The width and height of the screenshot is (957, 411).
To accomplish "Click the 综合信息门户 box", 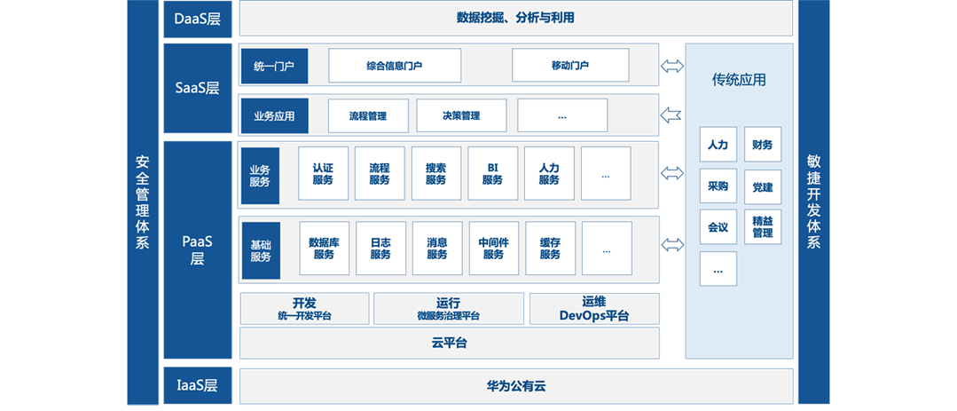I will pyautogui.click(x=395, y=66).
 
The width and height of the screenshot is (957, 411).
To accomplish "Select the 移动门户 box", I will pyautogui.click(x=570, y=66).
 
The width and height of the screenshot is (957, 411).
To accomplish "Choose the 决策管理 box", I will pyautogui.click(x=461, y=115).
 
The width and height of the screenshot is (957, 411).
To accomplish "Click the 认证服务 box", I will pyautogui.click(x=323, y=173).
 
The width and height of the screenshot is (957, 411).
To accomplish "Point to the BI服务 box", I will pyautogui.click(x=492, y=173).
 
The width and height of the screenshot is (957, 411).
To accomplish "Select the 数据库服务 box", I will pyautogui.click(x=324, y=248).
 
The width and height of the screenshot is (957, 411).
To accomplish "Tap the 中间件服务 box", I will pyautogui.click(x=493, y=248).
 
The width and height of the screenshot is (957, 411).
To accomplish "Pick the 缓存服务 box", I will pyautogui.click(x=550, y=248).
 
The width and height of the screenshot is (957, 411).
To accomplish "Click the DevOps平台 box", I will pyautogui.click(x=594, y=309).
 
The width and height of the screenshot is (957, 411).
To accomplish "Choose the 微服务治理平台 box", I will pyautogui.click(x=449, y=309).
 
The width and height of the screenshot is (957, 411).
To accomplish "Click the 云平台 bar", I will pyautogui.click(x=449, y=343).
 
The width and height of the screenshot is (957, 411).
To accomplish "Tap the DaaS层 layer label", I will pyautogui.click(x=198, y=19).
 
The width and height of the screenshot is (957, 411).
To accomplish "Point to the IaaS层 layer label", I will pyautogui.click(x=198, y=385).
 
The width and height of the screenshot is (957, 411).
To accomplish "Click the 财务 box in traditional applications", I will pyautogui.click(x=763, y=145).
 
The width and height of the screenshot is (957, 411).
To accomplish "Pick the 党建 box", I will pyautogui.click(x=763, y=187).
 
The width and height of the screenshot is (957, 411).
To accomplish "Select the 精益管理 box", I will pyautogui.click(x=763, y=226).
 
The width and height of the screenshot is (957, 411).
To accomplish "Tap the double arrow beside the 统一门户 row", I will pyautogui.click(x=671, y=66).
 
